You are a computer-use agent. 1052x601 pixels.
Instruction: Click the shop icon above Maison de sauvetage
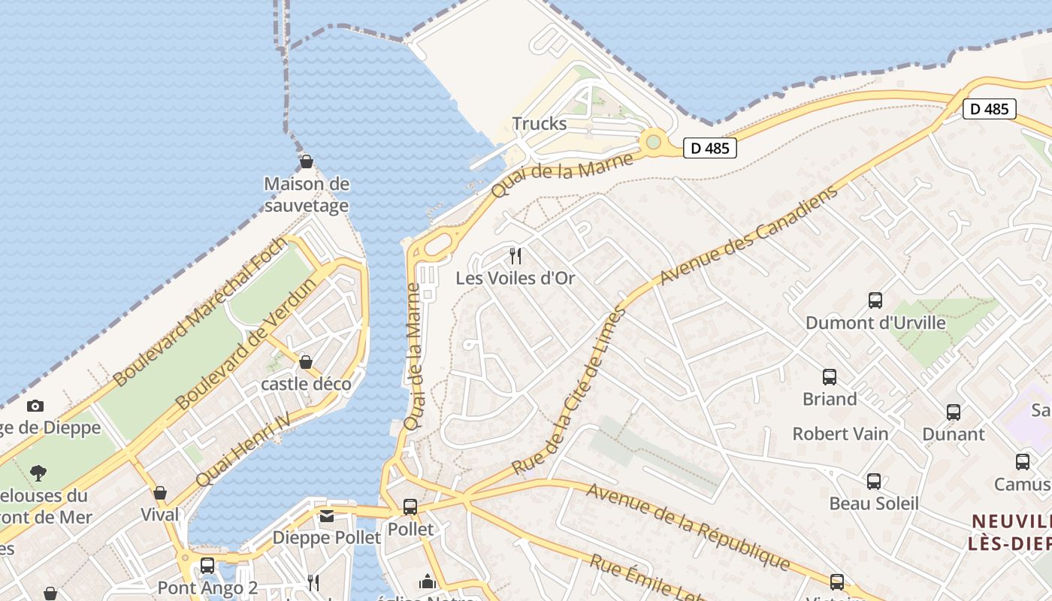(x=307, y=162)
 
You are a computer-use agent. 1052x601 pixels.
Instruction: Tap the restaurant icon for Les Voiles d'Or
(x=515, y=256)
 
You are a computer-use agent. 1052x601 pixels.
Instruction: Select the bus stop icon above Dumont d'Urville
(x=875, y=300)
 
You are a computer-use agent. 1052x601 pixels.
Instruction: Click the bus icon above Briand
(x=830, y=377)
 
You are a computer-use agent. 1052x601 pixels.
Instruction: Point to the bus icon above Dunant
(x=954, y=412)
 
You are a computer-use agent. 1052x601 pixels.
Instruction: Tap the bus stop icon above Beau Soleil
(x=873, y=482)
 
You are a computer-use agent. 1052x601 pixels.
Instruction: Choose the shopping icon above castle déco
(x=306, y=363)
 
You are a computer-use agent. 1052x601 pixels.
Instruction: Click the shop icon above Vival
(x=160, y=494)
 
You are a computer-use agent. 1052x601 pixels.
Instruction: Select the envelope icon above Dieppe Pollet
(x=327, y=516)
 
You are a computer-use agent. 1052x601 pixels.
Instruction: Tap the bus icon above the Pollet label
(x=410, y=507)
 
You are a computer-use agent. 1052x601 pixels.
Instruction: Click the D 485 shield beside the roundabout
(x=709, y=148)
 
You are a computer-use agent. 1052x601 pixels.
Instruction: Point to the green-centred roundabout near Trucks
(x=653, y=141)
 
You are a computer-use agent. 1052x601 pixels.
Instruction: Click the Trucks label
(x=539, y=123)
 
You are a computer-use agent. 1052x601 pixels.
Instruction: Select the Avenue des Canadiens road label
(x=748, y=236)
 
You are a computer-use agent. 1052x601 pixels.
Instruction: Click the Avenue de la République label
(x=688, y=527)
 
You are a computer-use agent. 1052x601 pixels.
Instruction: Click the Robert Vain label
(x=840, y=434)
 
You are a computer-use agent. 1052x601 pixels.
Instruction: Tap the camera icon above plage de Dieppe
(x=35, y=406)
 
